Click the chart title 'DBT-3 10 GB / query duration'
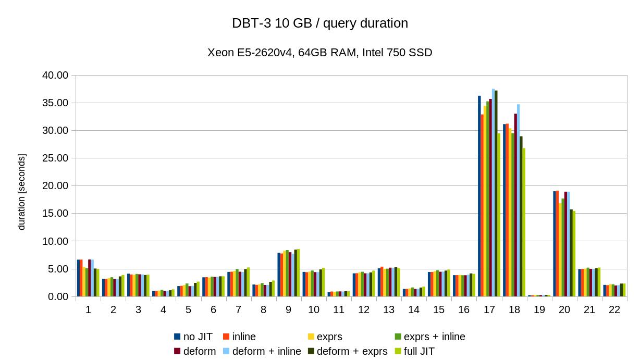319,23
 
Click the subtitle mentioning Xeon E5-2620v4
319,53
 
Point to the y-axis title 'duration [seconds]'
21,192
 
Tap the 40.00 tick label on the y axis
55,76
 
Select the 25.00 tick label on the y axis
55,158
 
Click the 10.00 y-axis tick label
55,241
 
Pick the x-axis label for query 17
489,309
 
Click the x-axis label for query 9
288,309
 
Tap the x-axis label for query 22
614,309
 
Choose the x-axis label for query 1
88,309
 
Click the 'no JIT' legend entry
193,337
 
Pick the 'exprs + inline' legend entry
429,337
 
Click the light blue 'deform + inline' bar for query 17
493,193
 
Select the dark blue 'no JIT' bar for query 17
479,196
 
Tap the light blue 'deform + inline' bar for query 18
518,200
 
